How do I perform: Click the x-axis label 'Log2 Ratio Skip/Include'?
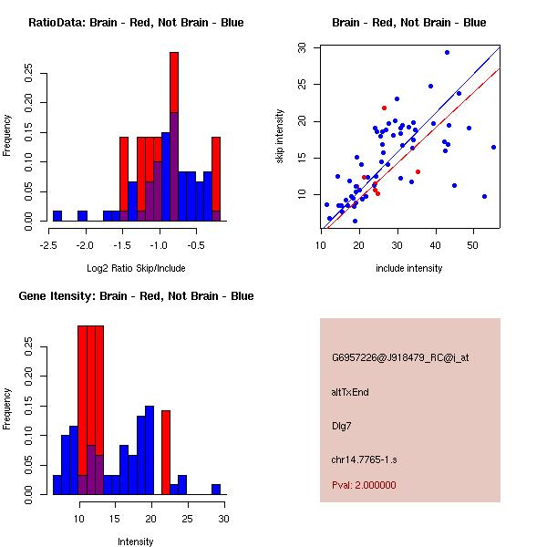(x=136, y=268)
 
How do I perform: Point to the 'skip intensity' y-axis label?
(x=281, y=137)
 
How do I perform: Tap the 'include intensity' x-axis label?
(x=409, y=268)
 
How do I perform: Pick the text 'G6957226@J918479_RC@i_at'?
(x=400, y=358)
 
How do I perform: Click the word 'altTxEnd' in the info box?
(x=350, y=392)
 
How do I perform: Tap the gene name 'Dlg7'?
(x=343, y=425)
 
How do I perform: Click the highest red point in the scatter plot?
(x=384, y=108)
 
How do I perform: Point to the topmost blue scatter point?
(x=447, y=52)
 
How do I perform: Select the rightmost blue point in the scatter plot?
(x=493, y=147)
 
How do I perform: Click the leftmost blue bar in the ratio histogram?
(x=57, y=216)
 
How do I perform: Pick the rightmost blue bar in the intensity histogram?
(x=216, y=490)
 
